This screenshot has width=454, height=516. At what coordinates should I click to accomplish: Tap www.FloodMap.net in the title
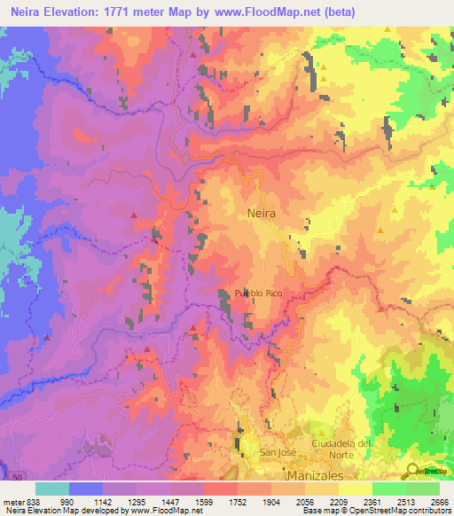point(270,12)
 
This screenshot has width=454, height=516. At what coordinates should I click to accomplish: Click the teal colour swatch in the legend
point(52,489)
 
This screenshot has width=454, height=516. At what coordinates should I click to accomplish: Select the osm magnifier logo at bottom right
point(412,471)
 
